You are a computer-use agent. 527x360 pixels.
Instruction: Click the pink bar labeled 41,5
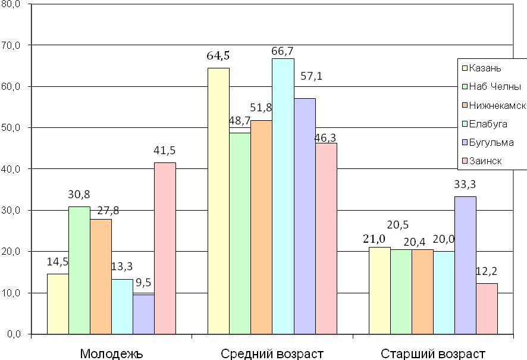coord(165,248)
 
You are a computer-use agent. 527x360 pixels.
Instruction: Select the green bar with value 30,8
coord(79,270)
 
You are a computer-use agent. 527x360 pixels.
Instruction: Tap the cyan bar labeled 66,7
coord(283,196)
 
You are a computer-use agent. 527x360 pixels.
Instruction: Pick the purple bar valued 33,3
coord(465,265)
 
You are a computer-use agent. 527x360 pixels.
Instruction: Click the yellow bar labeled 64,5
coord(218,201)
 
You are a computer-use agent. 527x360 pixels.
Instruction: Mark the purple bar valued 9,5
coord(143,314)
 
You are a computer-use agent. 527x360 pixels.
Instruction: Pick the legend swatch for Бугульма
coord(464,143)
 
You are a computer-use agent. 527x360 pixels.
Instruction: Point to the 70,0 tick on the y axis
coord(11,45)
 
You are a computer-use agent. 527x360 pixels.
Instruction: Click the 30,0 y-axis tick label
coord(11,211)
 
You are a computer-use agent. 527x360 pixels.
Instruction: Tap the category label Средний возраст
coord(272,353)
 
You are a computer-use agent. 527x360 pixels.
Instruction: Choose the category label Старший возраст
coord(433,353)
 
